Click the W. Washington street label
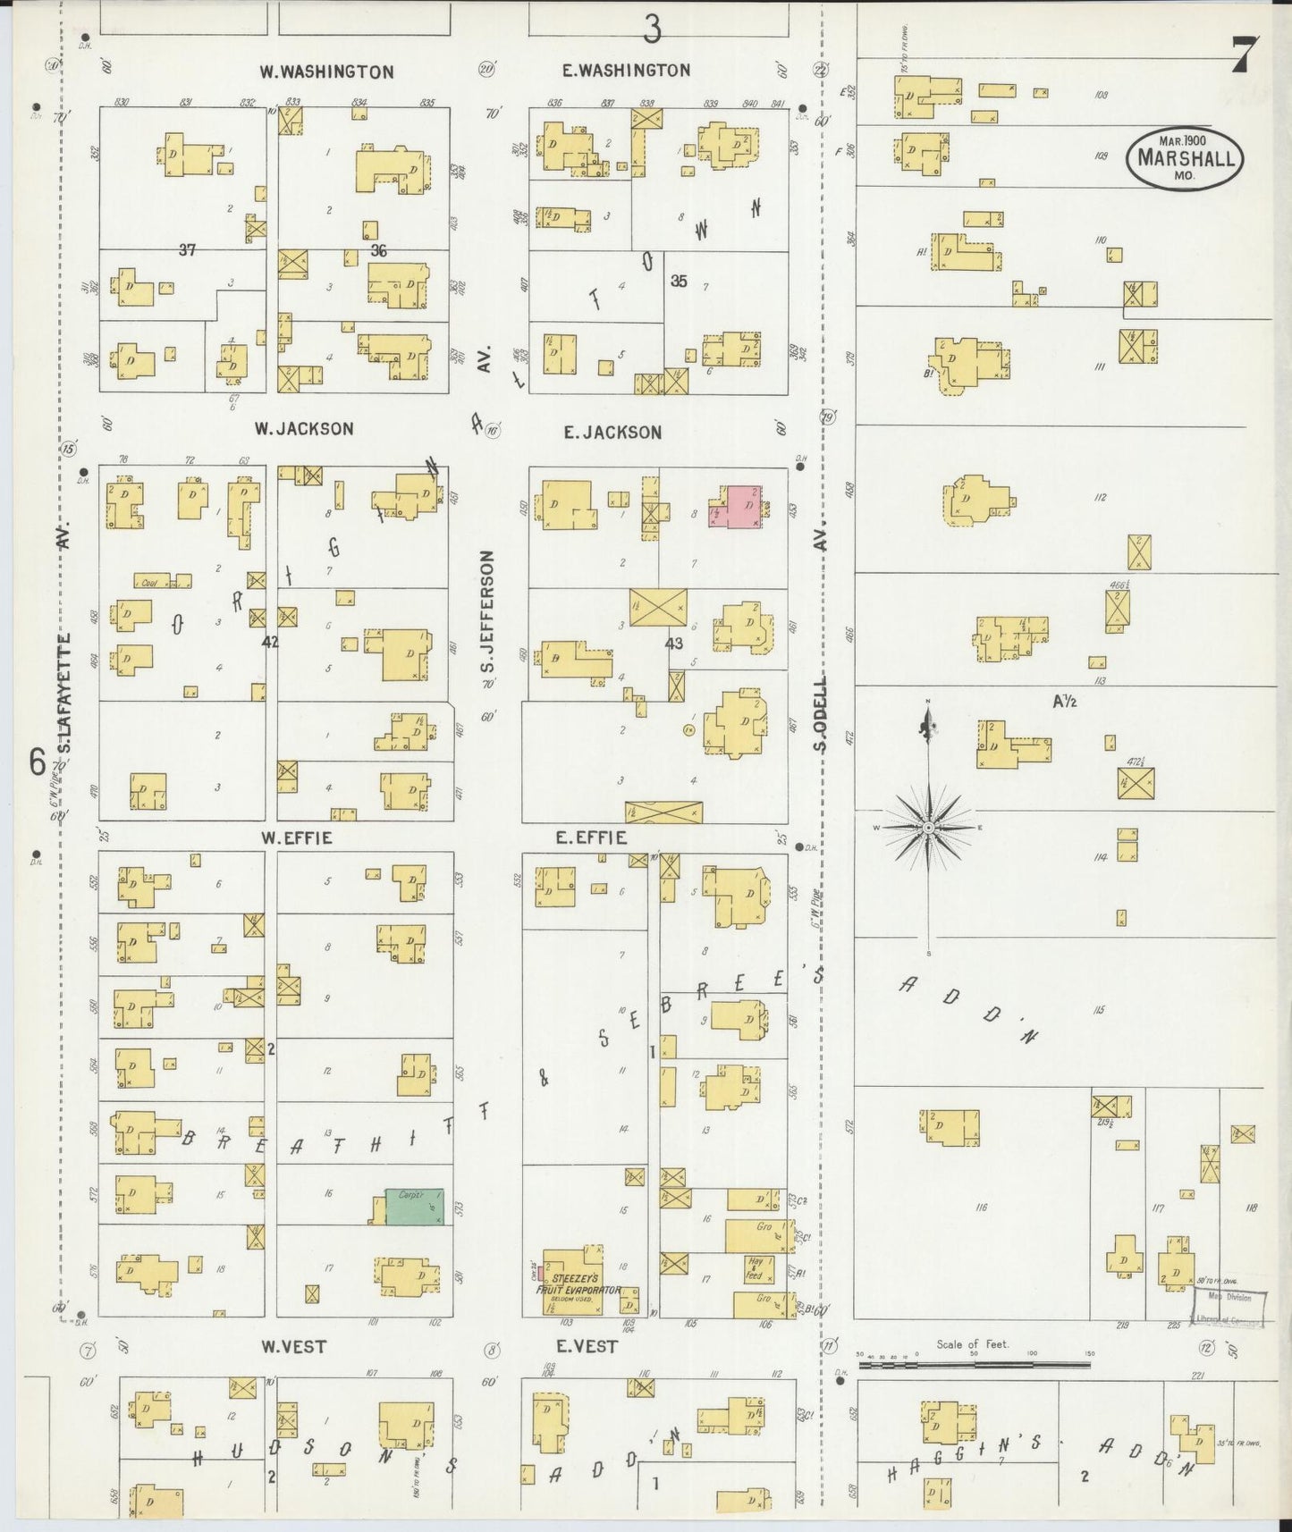[326, 72]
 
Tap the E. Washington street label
[626, 71]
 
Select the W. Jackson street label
[304, 429]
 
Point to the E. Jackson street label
[613, 433]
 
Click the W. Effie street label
[296, 838]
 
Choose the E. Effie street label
[591, 838]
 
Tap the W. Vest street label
[293, 1346]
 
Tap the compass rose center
[928, 829]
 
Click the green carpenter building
[414, 1206]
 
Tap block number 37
[186, 250]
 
